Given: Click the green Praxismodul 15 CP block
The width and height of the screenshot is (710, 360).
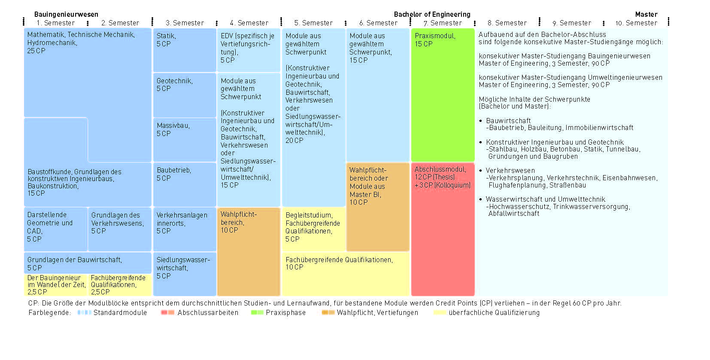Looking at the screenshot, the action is [443, 95].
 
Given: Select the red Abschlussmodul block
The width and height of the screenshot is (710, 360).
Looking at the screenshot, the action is [443, 229].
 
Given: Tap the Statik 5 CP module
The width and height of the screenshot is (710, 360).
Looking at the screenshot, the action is [185, 50].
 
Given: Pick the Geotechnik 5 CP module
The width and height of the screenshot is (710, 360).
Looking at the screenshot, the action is [185, 95].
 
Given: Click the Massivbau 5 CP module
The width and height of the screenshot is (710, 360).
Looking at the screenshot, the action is [185, 140].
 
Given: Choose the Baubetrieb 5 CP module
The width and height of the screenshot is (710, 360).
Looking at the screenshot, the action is [185, 185].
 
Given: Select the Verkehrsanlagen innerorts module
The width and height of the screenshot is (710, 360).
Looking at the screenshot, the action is [185, 229].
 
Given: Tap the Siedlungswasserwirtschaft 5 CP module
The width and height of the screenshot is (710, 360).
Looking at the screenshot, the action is [185, 274].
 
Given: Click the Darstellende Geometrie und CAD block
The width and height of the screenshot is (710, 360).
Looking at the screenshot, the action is [55, 229].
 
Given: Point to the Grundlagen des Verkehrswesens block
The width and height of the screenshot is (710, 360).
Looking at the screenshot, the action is [119, 229].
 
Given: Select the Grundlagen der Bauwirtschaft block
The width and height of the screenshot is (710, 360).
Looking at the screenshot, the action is [88, 263].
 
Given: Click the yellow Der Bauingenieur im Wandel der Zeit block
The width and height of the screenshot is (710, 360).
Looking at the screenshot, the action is [55, 285].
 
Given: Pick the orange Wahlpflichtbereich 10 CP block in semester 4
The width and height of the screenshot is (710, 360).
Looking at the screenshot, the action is [249, 251].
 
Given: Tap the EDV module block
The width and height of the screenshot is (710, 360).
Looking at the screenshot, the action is [249, 50].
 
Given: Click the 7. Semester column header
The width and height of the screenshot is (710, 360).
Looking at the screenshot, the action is [443, 23].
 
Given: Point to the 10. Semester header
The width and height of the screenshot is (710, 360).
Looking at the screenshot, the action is [636, 23].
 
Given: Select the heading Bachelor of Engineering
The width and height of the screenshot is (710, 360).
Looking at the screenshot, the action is [432, 14].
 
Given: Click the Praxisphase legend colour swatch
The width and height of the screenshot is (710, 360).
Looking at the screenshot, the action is [257, 312].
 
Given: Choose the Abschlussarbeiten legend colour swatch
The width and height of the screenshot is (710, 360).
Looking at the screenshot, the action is [168, 312].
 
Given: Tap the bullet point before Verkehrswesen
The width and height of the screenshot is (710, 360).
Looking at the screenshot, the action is [480, 170].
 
